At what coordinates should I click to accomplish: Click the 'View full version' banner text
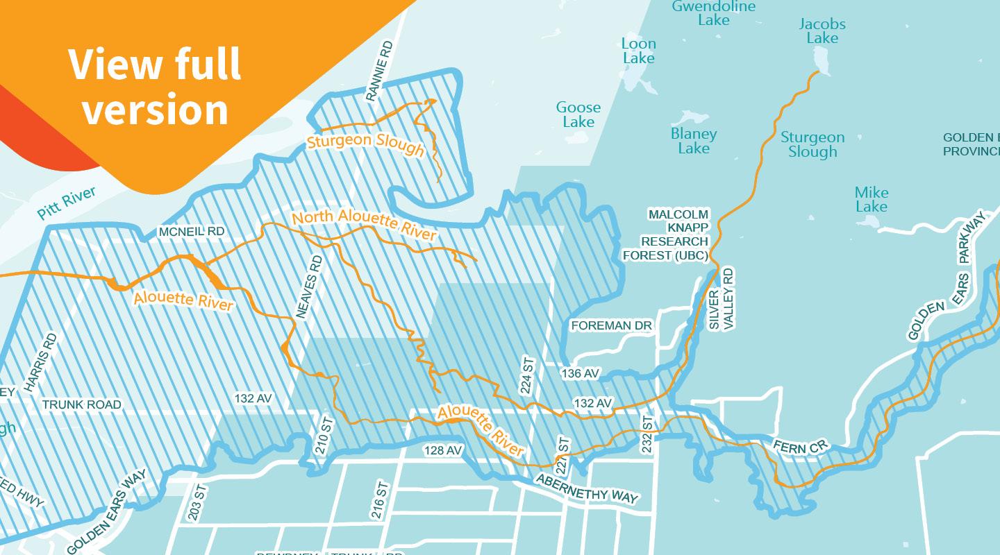click(x=154, y=86)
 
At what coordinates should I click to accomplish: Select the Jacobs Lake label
click(x=822, y=31)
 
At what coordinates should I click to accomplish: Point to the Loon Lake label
click(x=638, y=51)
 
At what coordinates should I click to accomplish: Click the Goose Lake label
click(x=578, y=114)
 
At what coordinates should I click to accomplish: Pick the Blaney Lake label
click(x=693, y=141)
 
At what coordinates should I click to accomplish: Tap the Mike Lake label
click(x=871, y=199)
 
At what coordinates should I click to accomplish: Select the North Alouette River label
click(x=364, y=225)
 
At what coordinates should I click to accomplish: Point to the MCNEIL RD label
click(x=192, y=231)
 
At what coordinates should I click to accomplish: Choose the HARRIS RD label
click(x=40, y=363)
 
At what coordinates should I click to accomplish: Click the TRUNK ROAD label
click(x=81, y=404)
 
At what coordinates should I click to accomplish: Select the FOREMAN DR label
click(x=612, y=325)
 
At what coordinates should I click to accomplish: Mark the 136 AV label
click(x=580, y=374)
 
